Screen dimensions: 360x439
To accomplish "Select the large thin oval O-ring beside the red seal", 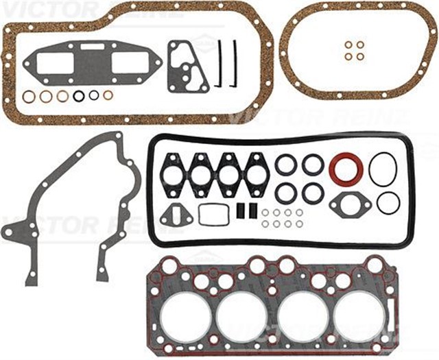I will coord(383,169).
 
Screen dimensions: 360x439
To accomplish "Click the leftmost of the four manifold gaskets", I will coord(172,173).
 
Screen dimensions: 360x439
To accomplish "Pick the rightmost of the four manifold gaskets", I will coord(255,173).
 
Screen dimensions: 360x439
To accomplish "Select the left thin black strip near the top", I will coord(219,63).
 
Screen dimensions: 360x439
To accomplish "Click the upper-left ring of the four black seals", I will coord(285,165).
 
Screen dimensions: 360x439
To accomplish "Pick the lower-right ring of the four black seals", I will coord(313,193).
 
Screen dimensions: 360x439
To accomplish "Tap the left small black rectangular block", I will coord(240,211).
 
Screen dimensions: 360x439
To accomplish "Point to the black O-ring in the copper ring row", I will coord(79,96).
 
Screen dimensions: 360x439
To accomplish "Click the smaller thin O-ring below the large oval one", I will coord(388,203).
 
